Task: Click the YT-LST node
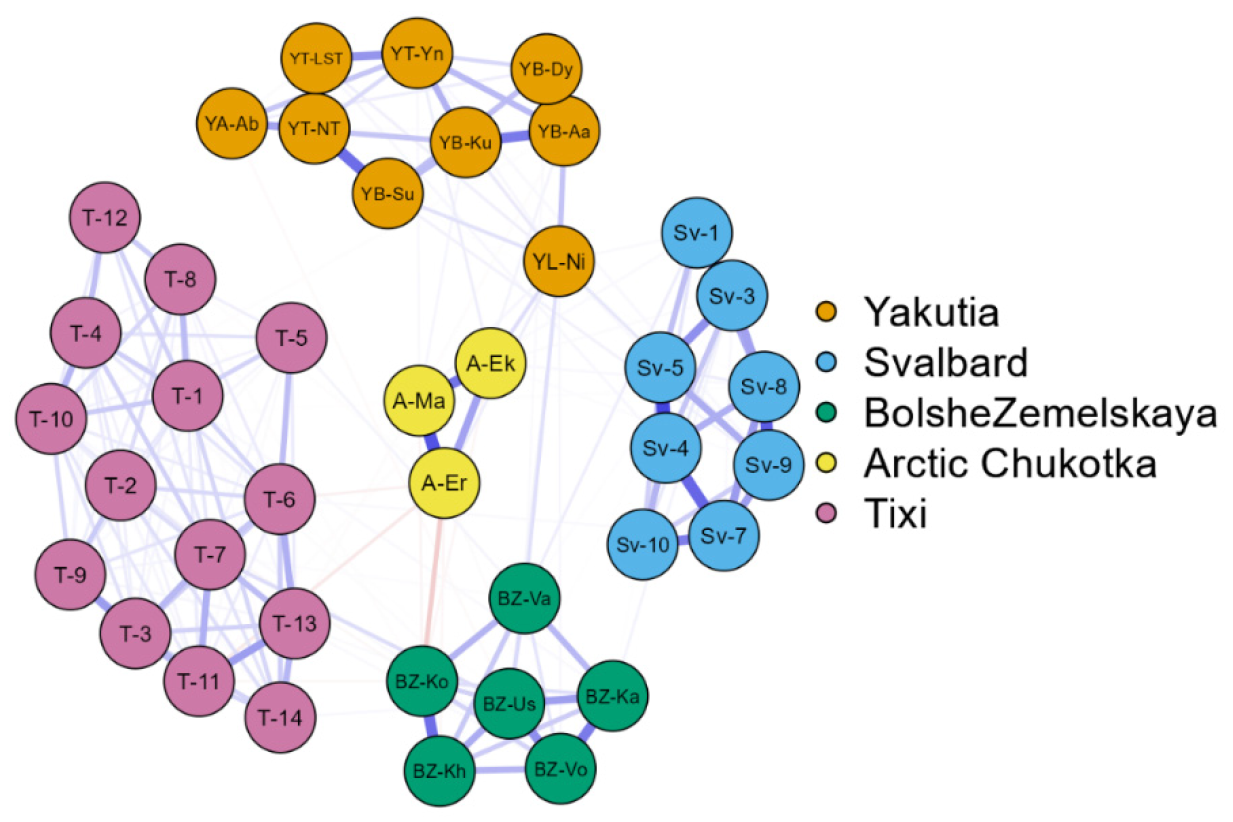(315, 57)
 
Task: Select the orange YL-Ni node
(559, 261)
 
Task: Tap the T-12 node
(105, 217)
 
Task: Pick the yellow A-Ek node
(490, 363)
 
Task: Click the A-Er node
(444, 483)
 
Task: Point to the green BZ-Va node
(524, 598)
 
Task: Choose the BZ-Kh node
(439, 770)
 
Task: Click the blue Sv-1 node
(696, 232)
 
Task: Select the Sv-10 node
(642, 544)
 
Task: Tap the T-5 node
(291, 338)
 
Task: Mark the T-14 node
(280, 717)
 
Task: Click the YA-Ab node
(231, 123)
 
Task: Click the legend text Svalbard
(945, 361)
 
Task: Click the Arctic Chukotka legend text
(1009, 463)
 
